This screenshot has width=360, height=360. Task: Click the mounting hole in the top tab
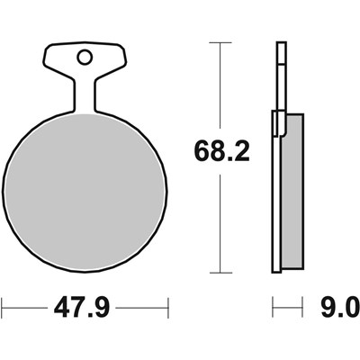coord(85,58)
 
